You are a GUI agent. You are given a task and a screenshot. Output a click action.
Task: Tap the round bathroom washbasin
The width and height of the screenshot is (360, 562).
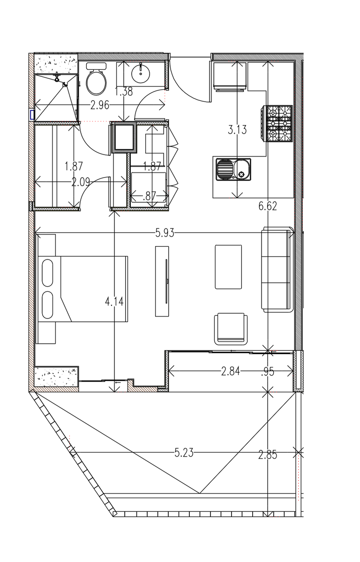click(141, 73)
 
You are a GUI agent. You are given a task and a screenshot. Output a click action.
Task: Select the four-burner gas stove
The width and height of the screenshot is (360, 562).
click(277, 124)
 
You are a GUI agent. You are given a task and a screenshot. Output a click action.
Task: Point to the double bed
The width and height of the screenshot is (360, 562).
click(82, 289)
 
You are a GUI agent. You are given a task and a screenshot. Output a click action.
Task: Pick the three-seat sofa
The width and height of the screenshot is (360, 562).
click(277, 269)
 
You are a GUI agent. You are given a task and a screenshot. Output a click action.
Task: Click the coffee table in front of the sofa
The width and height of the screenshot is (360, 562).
click(228, 266)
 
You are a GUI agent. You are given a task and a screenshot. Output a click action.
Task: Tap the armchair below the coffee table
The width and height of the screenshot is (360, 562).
click(231, 329)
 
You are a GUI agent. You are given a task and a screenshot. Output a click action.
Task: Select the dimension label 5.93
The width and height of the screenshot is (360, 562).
click(165, 233)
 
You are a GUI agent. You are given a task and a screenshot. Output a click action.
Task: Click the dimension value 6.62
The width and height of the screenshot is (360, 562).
click(268, 206)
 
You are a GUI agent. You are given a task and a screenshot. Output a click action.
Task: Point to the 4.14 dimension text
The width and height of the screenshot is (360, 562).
click(114, 301)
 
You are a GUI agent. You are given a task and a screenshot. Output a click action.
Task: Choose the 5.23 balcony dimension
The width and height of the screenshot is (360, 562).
click(184, 453)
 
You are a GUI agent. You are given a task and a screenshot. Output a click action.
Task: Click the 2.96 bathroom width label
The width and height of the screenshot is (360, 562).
click(100, 106)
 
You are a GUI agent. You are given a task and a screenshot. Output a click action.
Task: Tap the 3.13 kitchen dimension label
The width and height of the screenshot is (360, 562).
click(237, 130)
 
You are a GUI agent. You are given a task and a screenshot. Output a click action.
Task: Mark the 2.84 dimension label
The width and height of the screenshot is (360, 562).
click(231, 371)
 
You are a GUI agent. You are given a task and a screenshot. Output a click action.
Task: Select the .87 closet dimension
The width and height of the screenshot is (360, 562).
click(149, 196)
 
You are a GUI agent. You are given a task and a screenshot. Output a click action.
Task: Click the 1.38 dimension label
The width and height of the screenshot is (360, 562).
click(124, 92)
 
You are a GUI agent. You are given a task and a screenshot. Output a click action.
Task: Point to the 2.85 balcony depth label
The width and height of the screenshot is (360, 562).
click(268, 455)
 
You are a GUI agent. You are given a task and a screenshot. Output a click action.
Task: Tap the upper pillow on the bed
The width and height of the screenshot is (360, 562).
click(47, 273)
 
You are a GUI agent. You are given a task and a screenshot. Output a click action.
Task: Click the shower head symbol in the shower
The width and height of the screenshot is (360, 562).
click(58, 77)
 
